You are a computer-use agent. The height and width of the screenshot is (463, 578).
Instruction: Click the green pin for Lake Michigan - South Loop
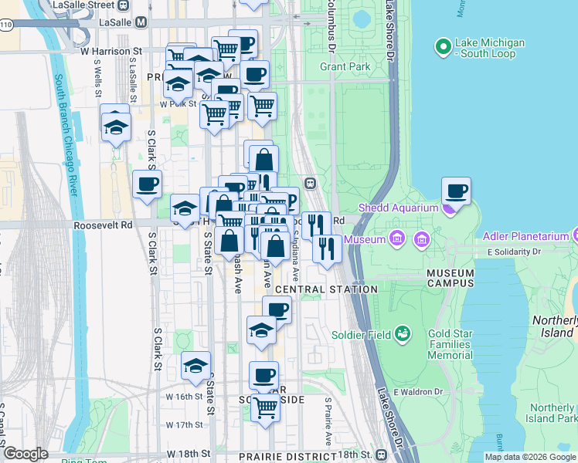point(443,48)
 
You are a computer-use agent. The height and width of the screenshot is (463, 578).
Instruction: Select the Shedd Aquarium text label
point(396,208)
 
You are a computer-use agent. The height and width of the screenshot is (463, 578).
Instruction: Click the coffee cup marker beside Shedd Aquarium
point(456,191)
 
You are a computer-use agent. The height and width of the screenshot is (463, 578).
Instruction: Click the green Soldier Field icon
point(402,333)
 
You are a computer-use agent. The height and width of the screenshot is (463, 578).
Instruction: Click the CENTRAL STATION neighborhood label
point(326,289)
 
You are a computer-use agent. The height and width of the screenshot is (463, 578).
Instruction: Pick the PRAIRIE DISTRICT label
point(283,457)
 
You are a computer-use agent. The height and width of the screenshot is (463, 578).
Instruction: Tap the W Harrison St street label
point(112,51)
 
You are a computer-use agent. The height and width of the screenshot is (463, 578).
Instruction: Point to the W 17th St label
point(183,425)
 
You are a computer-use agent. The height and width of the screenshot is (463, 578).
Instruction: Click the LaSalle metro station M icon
point(140,22)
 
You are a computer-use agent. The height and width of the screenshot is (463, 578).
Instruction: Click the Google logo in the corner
point(25,454)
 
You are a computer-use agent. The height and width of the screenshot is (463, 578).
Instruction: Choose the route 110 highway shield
point(6,25)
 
